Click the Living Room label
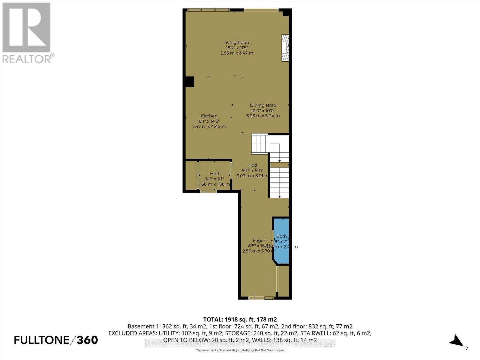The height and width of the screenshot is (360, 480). pyautogui.click(x=237, y=43)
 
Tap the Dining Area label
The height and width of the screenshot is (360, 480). pyautogui.click(x=263, y=105)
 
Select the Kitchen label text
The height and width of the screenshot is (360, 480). pyautogui.click(x=209, y=116)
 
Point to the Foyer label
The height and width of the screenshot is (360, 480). pyautogui.click(x=259, y=241)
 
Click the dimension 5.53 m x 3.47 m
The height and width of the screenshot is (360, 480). pyautogui.click(x=237, y=53)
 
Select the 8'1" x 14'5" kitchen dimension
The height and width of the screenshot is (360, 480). pyautogui.click(x=209, y=121)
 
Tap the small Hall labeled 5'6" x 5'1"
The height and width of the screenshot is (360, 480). pyautogui.click(x=214, y=174)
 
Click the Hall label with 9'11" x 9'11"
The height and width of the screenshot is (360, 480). pyautogui.click(x=253, y=165)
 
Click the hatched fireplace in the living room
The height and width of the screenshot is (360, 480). pyautogui.click(x=285, y=48)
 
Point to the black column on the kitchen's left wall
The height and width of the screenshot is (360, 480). pyautogui.click(x=189, y=82)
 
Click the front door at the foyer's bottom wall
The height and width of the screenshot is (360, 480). pyautogui.click(x=256, y=298)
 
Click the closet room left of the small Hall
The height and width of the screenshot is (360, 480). pyautogui.click(x=191, y=176)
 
